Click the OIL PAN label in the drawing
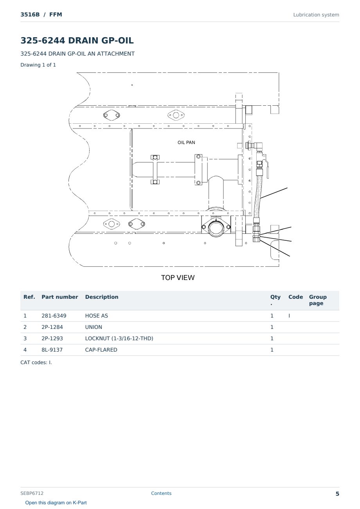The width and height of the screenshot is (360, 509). click(186, 143)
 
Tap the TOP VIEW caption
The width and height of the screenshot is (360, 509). click(178, 278)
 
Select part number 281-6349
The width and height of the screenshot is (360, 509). click(54, 316)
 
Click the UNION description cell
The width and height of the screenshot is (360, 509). click(94, 327)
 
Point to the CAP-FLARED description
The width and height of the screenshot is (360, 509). click(101, 350)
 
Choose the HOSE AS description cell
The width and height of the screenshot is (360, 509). click(97, 316)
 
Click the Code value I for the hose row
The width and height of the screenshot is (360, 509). click(289, 316)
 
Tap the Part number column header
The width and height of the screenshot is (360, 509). click(60, 297)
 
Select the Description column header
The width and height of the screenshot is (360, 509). click(102, 297)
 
